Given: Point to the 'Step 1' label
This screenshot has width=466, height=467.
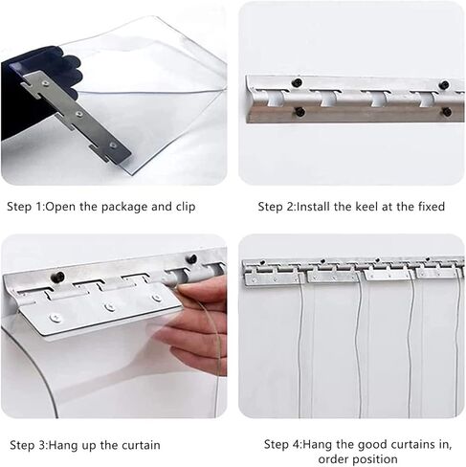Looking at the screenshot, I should (x=25, y=206).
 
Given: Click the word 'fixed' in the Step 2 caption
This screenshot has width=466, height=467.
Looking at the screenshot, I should (x=431, y=206).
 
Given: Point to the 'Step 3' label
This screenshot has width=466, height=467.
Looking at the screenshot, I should (x=29, y=445).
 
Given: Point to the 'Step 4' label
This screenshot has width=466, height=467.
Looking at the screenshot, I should (x=283, y=445).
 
